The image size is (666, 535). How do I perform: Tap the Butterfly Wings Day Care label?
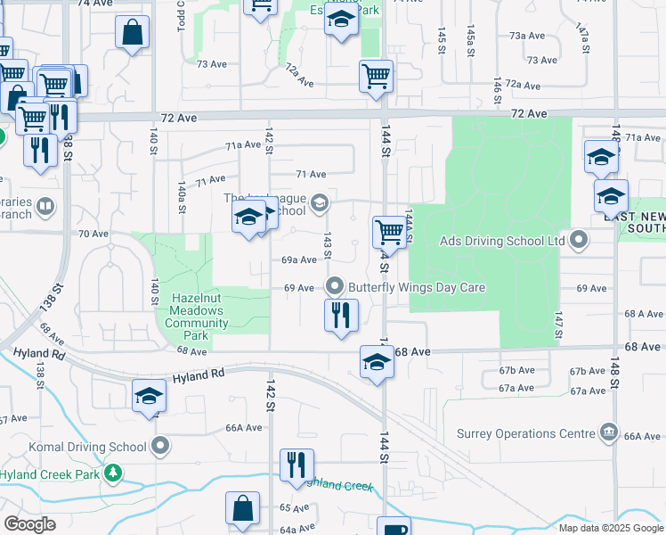[x=417, y=287]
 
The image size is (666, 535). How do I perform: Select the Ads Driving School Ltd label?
[x=502, y=241]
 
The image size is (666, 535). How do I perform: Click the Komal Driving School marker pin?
[x=160, y=445]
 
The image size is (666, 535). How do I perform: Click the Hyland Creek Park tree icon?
[x=113, y=473]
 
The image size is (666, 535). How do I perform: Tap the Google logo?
[x=30, y=524]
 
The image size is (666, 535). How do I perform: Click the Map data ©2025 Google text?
[x=611, y=528]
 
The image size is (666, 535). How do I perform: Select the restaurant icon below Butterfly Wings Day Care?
[x=340, y=316]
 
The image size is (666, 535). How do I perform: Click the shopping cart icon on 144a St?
[x=389, y=232]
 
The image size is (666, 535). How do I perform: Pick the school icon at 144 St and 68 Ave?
[x=377, y=362]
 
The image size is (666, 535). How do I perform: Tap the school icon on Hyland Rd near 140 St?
[x=149, y=397]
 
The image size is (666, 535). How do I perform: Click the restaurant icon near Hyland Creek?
[x=296, y=465]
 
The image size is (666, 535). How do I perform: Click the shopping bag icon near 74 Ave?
[x=132, y=33]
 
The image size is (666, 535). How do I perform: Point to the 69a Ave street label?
[x=299, y=260]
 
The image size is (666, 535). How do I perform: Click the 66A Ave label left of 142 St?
[x=243, y=428]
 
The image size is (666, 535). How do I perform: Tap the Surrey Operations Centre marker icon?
[x=609, y=432]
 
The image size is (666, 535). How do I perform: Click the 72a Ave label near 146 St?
[x=523, y=86]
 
